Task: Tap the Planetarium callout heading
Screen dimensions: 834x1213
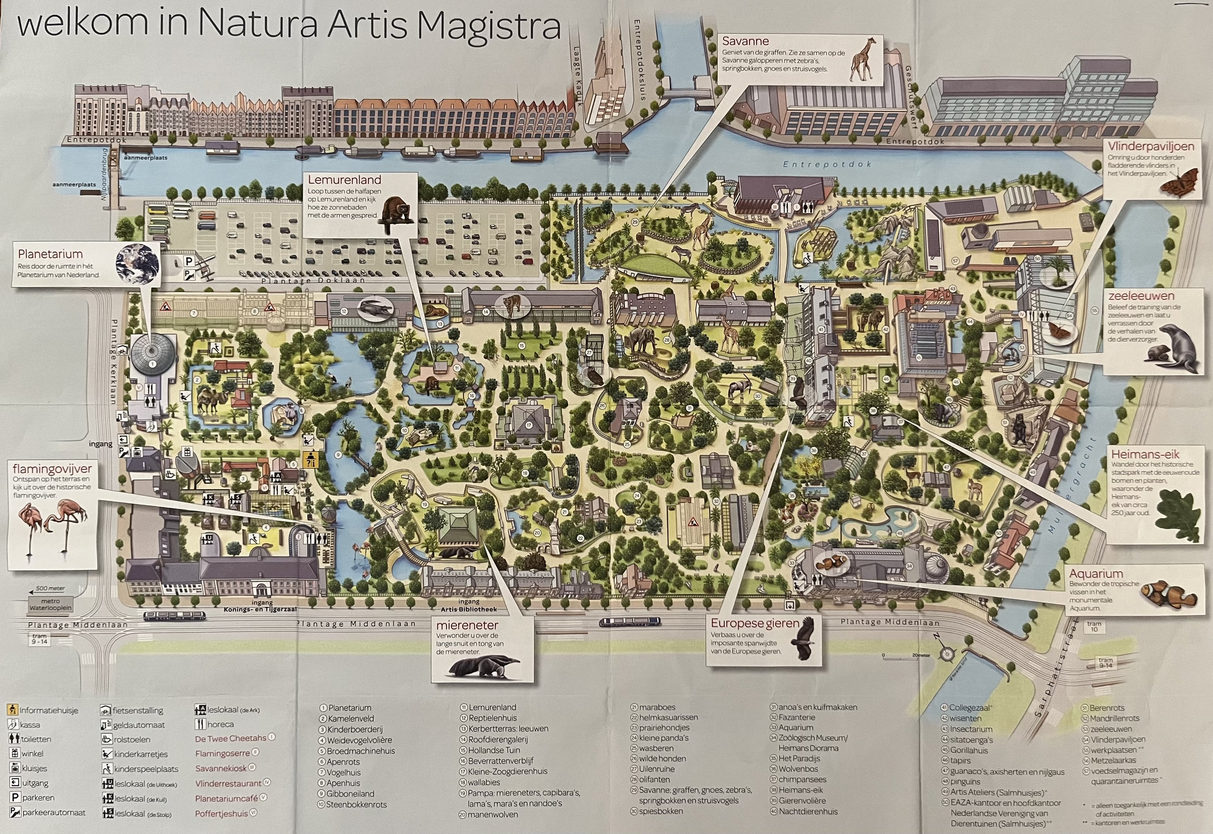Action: pyautogui.click(x=50, y=254)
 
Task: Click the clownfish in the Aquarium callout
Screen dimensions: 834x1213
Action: pyautogui.click(x=1169, y=594)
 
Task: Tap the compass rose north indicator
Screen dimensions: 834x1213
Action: pyautogui.click(x=946, y=653)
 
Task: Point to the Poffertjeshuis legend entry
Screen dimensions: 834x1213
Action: pyautogui.click(x=221, y=814)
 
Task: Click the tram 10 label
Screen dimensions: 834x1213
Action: pyautogui.click(x=1093, y=627)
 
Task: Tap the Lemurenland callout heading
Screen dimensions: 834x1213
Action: pyautogui.click(x=344, y=180)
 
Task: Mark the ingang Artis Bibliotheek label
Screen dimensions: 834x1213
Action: pyautogui.click(x=468, y=606)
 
